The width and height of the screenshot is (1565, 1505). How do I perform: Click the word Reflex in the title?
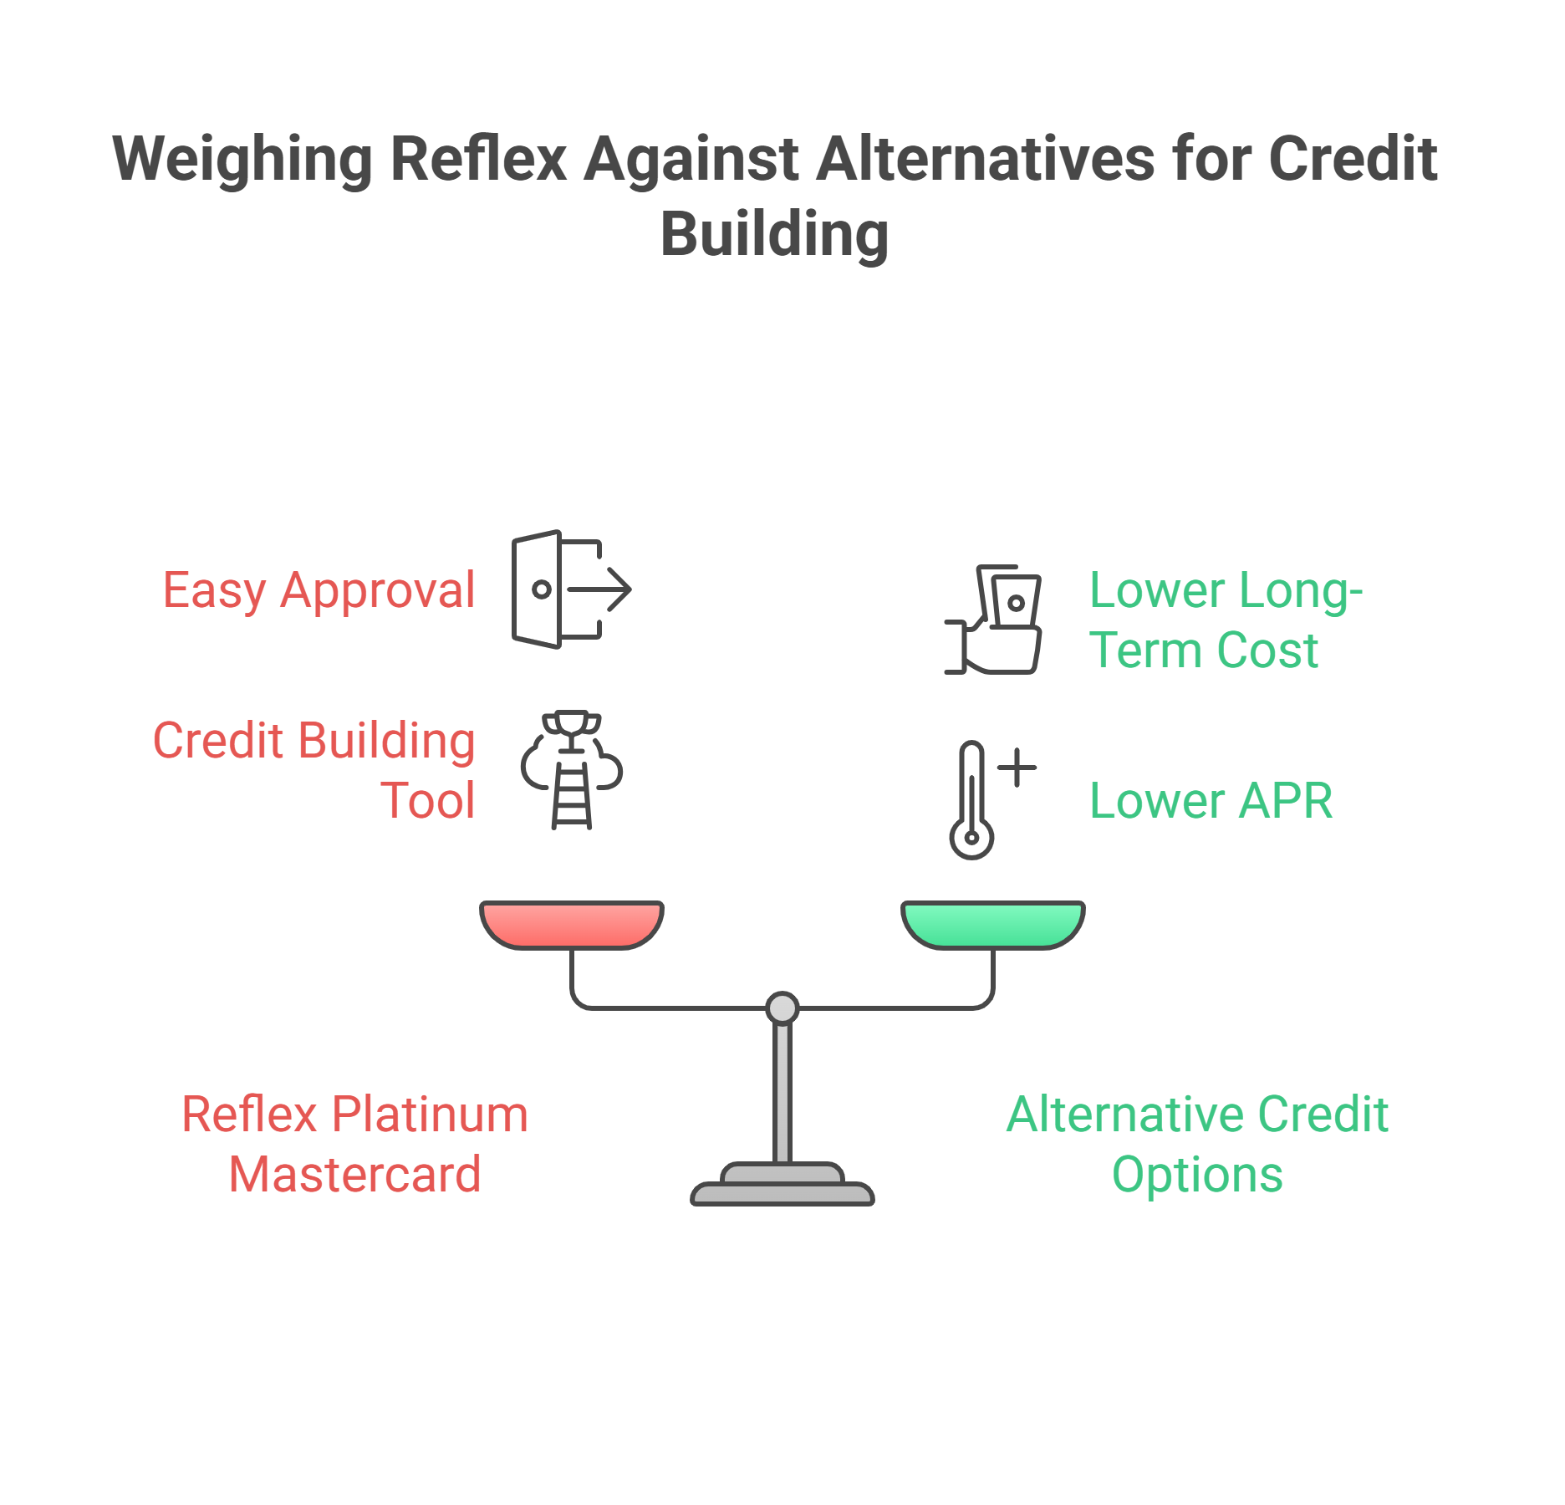(478, 159)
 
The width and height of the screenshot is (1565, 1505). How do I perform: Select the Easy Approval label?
(319, 590)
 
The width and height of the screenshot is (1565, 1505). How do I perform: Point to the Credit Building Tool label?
(314, 770)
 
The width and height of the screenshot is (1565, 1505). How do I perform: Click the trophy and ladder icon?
(572, 770)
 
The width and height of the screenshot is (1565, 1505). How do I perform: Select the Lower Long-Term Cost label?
(1225, 620)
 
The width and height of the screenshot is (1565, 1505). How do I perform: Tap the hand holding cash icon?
(995, 620)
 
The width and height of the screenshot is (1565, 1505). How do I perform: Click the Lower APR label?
(1211, 801)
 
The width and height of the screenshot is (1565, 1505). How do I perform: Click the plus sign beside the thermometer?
(1017, 767)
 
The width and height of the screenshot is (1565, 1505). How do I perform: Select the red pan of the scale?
(572, 923)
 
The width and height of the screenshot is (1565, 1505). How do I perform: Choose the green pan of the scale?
(993, 923)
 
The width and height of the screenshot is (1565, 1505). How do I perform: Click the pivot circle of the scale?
(782, 1008)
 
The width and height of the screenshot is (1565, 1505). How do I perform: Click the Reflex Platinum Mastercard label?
(355, 1144)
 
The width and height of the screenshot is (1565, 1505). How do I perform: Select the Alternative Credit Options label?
(1197, 1144)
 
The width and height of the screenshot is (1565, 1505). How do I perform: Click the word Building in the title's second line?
(774, 234)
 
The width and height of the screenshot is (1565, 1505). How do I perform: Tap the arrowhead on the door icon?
(619, 589)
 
